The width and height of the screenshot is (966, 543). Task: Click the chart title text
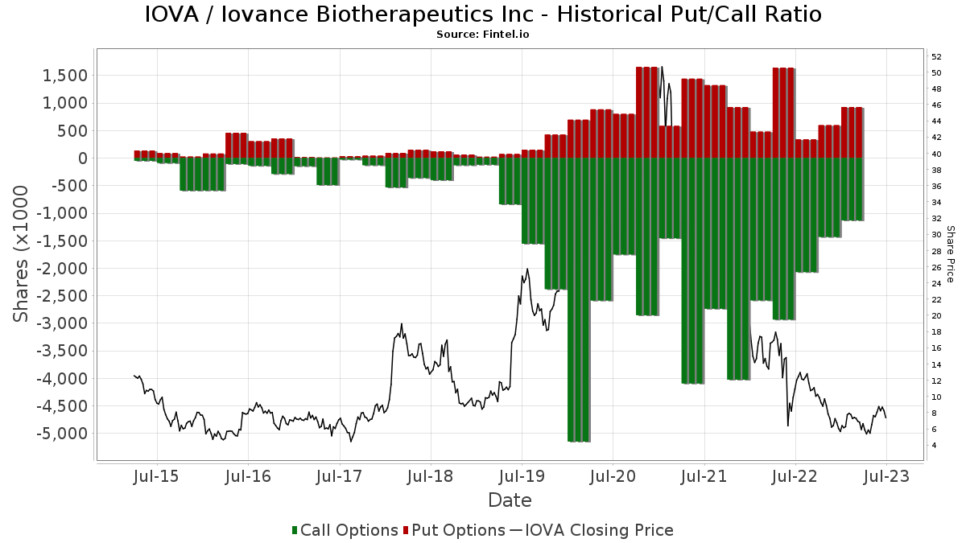pyautogui.click(x=483, y=14)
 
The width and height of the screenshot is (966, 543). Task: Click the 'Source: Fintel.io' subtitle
pyautogui.click(x=482, y=35)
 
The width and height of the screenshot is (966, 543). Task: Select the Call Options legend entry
pyautogui.click(x=345, y=530)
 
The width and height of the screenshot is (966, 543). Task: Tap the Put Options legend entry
pyautogui.click(x=454, y=530)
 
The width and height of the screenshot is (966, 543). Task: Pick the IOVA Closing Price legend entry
pyautogui.click(x=592, y=530)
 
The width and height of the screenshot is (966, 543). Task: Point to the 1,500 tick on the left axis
pyautogui.click(x=64, y=76)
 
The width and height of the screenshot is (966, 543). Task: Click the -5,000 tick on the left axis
pyautogui.click(x=62, y=434)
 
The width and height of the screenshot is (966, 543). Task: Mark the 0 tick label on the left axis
pyautogui.click(x=83, y=158)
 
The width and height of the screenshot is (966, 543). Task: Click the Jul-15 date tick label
pyautogui.click(x=157, y=476)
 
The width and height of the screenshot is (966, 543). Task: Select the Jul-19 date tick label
pyautogui.click(x=522, y=476)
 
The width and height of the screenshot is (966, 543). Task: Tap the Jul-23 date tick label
pyautogui.click(x=886, y=476)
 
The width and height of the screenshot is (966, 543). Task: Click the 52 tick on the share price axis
pyautogui.click(x=936, y=57)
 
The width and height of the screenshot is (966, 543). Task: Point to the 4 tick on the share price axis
pyautogui.click(x=934, y=446)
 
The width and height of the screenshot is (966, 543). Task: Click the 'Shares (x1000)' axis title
pyautogui.click(x=20, y=254)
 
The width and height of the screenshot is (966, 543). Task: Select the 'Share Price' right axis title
pyautogui.click(x=950, y=254)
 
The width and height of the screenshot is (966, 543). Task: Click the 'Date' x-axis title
pyautogui.click(x=510, y=500)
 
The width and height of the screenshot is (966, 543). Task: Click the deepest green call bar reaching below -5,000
pyautogui.click(x=579, y=300)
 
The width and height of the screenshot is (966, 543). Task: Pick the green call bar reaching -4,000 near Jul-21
pyautogui.click(x=692, y=270)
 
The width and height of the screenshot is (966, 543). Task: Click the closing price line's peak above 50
pyautogui.click(x=662, y=67)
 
